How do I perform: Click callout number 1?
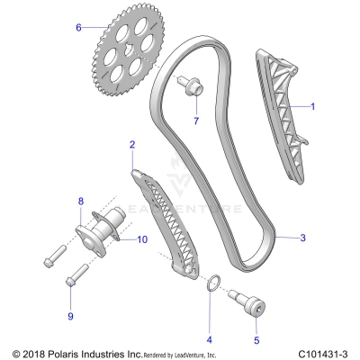coord(313,106)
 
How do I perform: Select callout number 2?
coord(132,144)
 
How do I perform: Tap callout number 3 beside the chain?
coord(303,238)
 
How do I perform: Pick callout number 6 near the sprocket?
coord(78,28)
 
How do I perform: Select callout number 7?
coord(196,121)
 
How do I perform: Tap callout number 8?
coord(80,201)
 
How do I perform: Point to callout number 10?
coord(142,239)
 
